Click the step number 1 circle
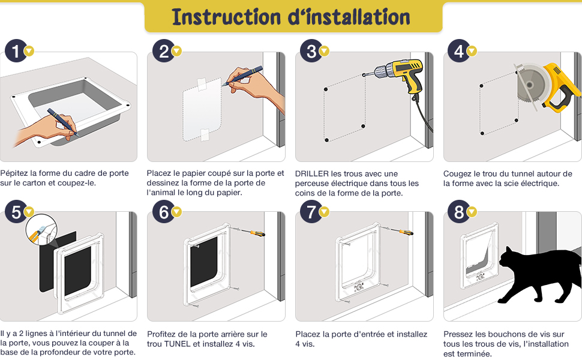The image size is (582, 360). point(15,51)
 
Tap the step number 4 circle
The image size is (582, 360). point(459,51)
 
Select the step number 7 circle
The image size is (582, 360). point(311,211)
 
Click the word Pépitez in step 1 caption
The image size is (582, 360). point(14,173)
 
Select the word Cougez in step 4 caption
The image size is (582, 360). point(458,173)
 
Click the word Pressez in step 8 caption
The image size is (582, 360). point(459,334)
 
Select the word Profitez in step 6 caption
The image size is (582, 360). point(162,334)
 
